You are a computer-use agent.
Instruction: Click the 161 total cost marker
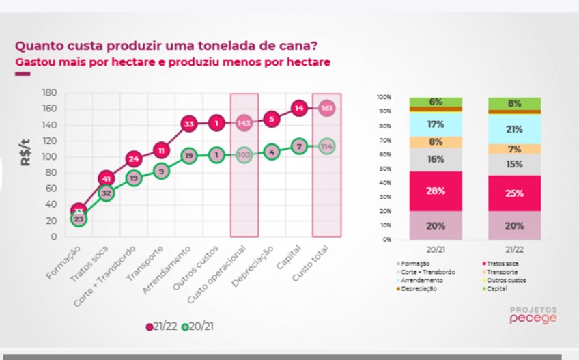[x=327, y=108]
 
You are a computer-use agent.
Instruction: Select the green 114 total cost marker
[x=327, y=146]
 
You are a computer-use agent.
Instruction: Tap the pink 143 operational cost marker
[x=244, y=123]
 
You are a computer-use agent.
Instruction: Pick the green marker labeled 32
[x=106, y=193]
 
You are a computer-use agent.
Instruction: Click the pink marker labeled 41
[x=106, y=179]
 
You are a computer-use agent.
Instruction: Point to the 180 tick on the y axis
[x=48, y=92]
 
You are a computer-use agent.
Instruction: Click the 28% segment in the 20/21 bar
[x=436, y=191]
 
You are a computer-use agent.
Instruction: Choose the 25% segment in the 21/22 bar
[x=515, y=193]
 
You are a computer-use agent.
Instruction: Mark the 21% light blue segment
[x=515, y=129]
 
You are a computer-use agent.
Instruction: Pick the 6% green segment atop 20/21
[x=436, y=102]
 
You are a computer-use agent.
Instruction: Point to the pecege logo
[x=533, y=318]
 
